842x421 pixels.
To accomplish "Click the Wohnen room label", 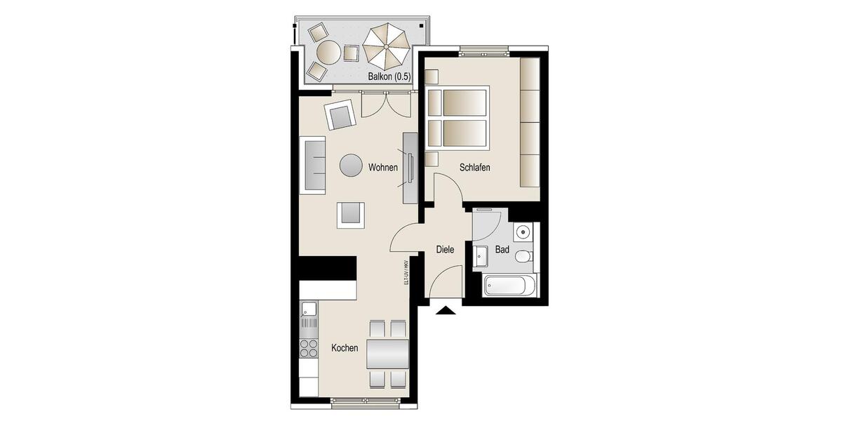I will [383, 168].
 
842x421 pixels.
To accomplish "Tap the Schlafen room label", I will [474, 168].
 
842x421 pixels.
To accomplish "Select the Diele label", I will [445, 250].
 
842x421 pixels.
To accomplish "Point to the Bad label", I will [502, 250].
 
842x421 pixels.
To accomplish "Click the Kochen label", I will [345, 348].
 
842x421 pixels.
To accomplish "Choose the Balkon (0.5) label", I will [389, 76].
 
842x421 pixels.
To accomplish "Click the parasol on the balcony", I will [385, 45].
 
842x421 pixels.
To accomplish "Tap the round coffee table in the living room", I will [352, 166].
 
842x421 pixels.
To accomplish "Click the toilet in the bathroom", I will [523, 257].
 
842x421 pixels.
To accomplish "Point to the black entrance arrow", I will [446, 310].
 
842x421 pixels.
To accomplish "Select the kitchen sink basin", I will [309, 308].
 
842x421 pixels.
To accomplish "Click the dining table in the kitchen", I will [388, 354].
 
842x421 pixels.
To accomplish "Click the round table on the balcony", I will [328, 51].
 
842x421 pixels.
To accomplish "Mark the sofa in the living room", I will [314, 166].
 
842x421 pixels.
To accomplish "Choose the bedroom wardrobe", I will [529, 122].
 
